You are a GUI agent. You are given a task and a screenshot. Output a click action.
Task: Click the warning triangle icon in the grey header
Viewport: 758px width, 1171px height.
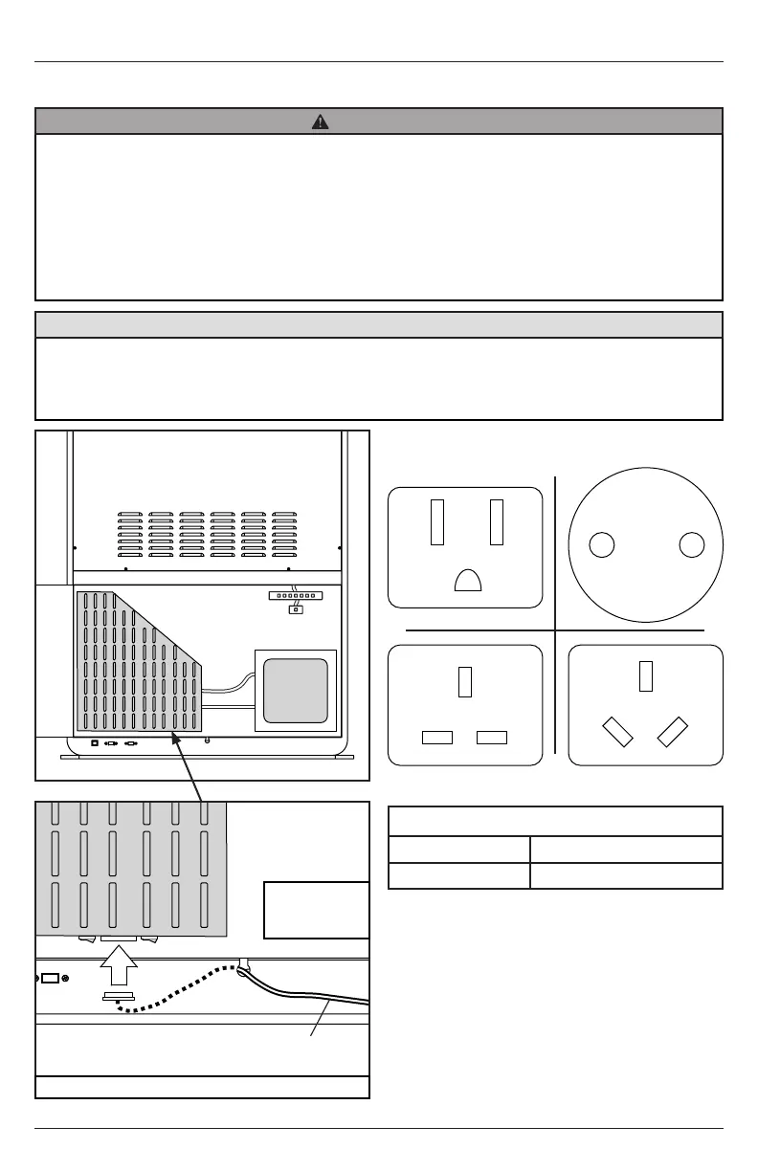[x=321, y=122]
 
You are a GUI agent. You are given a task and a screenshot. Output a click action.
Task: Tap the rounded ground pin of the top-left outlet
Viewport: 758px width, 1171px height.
[x=468, y=581]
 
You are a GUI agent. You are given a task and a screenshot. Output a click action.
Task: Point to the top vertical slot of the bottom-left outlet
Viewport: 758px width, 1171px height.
[x=466, y=681]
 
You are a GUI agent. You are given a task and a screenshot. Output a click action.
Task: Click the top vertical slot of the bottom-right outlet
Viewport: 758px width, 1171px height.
[x=646, y=675]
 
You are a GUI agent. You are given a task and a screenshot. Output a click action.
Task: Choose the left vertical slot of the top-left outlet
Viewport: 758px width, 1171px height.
[x=437, y=522]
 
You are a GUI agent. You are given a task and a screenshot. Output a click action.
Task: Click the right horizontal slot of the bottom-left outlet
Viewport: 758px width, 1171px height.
[x=492, y=738]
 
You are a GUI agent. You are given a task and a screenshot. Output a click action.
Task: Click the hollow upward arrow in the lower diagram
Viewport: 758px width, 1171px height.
[x=120, y=967]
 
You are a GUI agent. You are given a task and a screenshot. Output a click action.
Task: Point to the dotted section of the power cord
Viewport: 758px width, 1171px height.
[x=182, y=995]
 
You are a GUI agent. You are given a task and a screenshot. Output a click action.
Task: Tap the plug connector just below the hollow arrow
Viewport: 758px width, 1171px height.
[x=119, y=998]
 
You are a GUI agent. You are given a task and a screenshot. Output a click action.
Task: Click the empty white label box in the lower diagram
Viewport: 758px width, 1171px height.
[x=316, y=910]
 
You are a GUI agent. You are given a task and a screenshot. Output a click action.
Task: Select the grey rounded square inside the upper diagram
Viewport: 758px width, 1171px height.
[x=296, y=691]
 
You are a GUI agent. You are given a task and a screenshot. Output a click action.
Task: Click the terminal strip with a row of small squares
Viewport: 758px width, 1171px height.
[x=296, y=595]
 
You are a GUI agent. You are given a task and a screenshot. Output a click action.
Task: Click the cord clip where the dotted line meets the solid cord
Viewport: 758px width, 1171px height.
[x=244, y=966]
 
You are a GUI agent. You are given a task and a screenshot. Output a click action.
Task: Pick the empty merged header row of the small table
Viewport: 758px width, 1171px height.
[x=555, y=822]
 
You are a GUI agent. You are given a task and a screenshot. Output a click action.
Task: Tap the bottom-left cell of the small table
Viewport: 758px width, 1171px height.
[x=458, y=875]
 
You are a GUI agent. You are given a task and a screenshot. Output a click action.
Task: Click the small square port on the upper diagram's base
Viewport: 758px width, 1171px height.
[x=94, y=741]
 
